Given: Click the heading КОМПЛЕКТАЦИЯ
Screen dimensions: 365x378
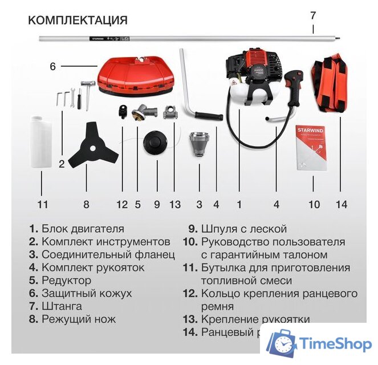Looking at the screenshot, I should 78,21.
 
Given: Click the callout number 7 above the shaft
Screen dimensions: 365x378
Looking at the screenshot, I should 312,15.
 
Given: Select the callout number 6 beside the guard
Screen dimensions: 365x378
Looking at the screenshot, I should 52,67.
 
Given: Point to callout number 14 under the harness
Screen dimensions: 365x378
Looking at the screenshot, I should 340,204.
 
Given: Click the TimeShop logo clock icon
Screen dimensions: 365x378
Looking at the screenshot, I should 283,344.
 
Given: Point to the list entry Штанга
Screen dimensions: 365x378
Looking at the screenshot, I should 60,306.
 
